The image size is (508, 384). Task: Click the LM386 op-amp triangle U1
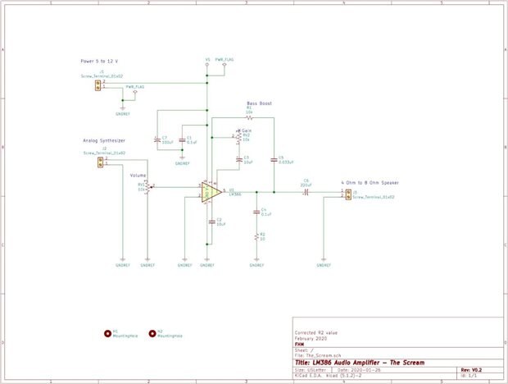click(x=210, y=192)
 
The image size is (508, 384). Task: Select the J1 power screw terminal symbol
click(x=98, y=85)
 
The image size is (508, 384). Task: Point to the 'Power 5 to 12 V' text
click(x=99, y=62)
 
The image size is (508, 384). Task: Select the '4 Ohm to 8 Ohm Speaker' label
click(x=369, y=182)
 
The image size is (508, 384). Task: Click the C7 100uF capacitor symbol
click(x=157, y=140)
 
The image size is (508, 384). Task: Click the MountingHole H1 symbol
click(x=108, y=334)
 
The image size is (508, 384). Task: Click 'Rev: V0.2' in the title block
click(x=470, y=370)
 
